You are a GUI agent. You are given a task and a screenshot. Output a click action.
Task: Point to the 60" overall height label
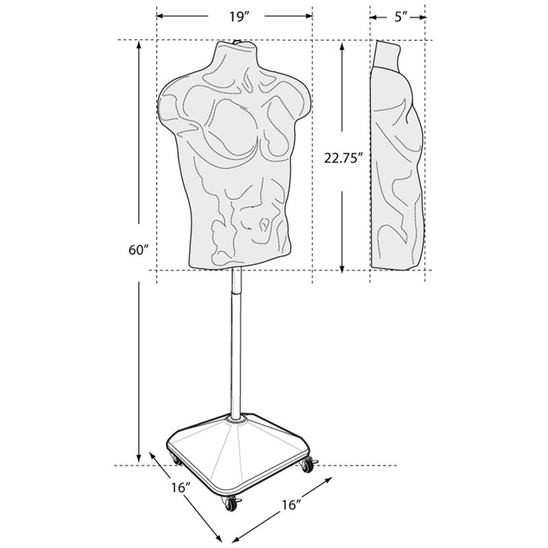point(138,249)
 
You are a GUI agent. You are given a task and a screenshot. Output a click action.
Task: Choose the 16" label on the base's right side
point(290,505)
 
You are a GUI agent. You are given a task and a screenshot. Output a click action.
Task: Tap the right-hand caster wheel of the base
point(306,465)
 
